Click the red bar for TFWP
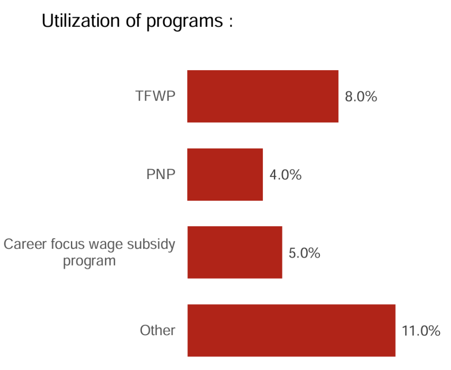[262, 96]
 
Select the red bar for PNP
[225, 175]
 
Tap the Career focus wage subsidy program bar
[235, 252]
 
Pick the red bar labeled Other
[291, 330]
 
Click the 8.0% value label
[361, 97]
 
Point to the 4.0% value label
[285, 175]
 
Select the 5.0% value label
[304, 253]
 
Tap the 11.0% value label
[421, 331]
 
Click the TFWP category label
[155, 97]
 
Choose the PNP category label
[161, 175]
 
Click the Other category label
[158, 330]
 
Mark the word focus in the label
[67, 244]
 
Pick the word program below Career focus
[89, 261]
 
